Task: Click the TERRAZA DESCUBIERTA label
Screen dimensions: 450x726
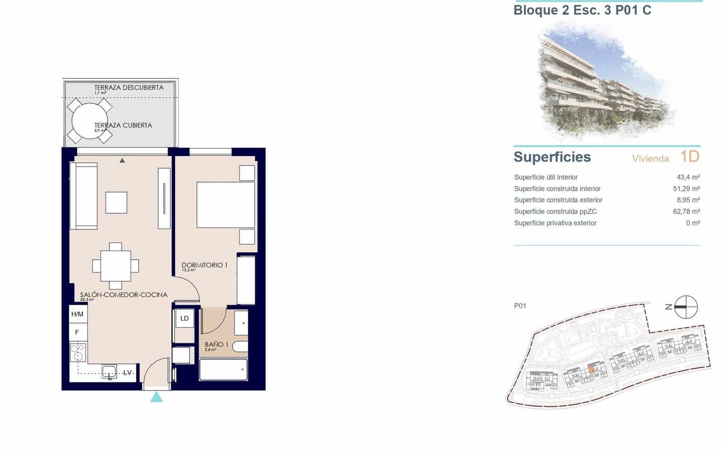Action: click(x=128, y=88)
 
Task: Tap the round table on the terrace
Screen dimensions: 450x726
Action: click(x=90, y=121)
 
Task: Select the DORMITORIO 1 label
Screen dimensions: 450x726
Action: click(x=204, y=265)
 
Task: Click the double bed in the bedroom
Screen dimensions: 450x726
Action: click(x=226, y=205)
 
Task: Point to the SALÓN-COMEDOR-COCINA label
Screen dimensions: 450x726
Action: click(x=123, y=295)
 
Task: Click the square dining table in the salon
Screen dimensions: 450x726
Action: click(x=116, y=266)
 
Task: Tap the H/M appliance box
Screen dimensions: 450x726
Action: click(x=77, y=314)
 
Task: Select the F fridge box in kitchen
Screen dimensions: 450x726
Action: click(x=77, y=332)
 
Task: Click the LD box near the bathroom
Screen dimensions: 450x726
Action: click(x=184, y=318)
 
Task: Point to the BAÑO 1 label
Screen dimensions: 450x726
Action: click(x=216, y=345)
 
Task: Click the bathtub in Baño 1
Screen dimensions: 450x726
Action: click(x=223, y=370)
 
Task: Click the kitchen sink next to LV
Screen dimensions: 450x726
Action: click(x=109, y=372)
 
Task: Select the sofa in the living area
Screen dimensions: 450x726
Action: click(x=83, y=196)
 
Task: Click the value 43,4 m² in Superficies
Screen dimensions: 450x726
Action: click(x=688, y=177)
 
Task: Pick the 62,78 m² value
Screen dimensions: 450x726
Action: click(x=686, y=211)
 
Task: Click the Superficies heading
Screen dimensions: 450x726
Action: click(x=552, y=157)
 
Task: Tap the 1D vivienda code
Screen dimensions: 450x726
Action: click(x=689, y=157)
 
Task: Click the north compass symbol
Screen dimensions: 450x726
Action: click(x=685, y=307)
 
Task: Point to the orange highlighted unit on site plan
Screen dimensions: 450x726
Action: click(x=591, y=369)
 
